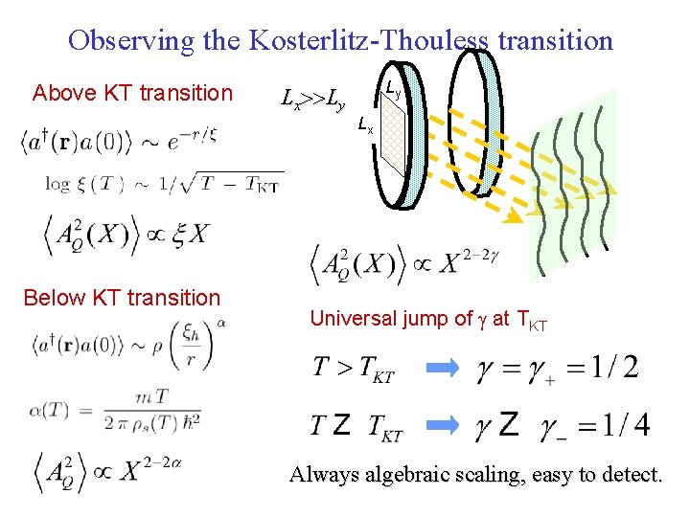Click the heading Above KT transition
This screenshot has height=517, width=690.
(x=132, y=93)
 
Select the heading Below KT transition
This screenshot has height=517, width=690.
(x=122, y=298)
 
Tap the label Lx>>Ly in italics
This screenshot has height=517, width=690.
(x=311, y=97)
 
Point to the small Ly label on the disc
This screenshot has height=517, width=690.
(x=393, y=89)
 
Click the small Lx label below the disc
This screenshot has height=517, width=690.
(x=365, y=124)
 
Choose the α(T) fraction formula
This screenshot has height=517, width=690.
(x=114, y=414)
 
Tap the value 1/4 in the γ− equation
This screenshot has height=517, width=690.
(x=624, y=425)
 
